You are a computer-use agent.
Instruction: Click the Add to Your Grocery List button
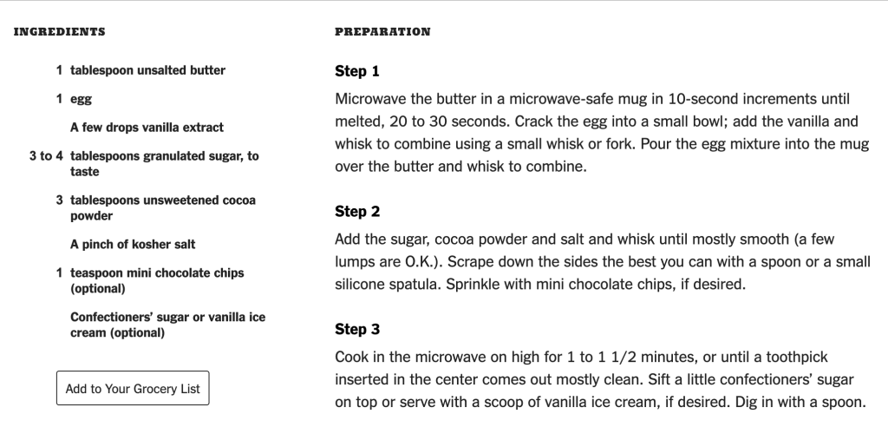click(133, 389)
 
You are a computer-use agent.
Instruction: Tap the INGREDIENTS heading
click(60, 32)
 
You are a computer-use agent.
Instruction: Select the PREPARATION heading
click(382, 32)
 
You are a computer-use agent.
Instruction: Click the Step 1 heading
click(356, 71)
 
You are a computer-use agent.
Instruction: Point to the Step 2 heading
click(357, 212)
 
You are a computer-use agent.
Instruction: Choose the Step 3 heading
click(357, 330)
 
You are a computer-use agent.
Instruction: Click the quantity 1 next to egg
click(59, 99)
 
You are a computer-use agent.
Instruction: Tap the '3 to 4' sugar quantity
click(46, 156)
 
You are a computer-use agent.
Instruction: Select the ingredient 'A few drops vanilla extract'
click(147, 128)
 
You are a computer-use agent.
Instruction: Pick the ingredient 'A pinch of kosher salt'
click(133, 245)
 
